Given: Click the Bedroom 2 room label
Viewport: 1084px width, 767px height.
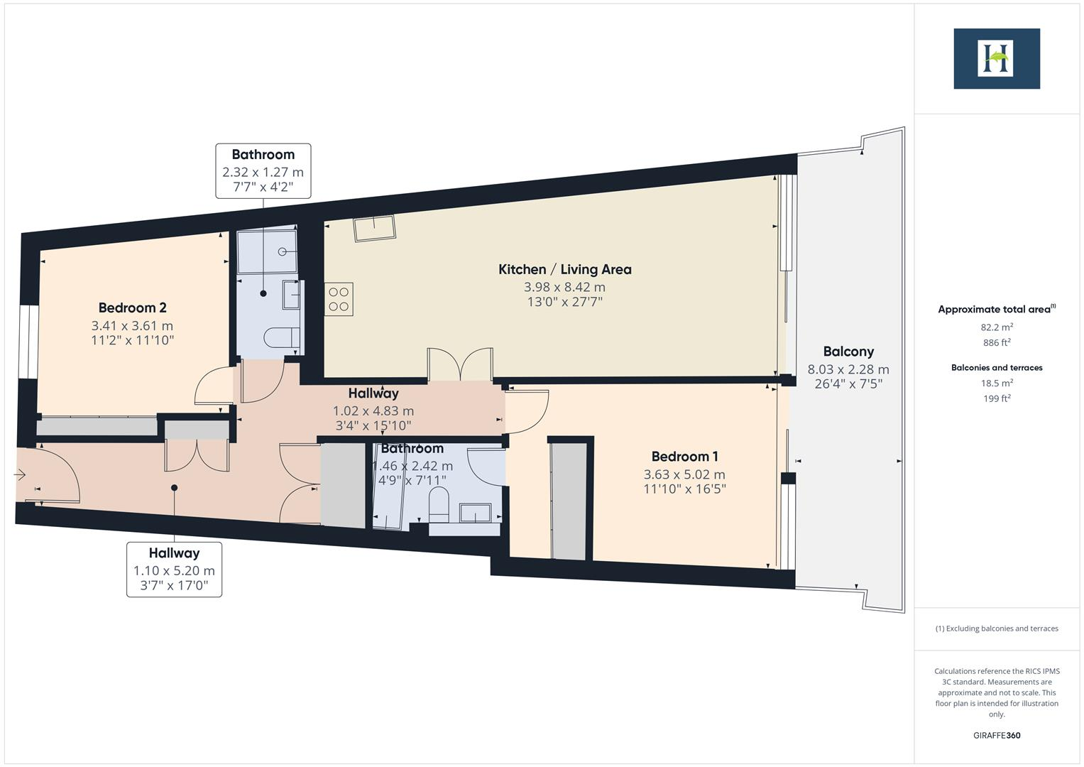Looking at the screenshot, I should click(x=132, y=308).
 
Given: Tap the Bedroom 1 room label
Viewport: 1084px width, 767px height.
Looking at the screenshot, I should click(x=684, y=456).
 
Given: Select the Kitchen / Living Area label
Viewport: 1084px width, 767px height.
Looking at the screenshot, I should click(x=564, y=269).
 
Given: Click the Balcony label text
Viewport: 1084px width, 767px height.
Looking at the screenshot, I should click(x=848, y=351).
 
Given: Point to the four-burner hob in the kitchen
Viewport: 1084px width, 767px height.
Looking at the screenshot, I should click(x=339, y=299).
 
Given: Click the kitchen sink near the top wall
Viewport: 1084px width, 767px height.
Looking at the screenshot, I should click(x=375, y=228).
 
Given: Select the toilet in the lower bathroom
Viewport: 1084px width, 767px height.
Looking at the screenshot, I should click(x=439, y=504).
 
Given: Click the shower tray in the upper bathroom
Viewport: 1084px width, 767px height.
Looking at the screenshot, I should click(x=267, y=251).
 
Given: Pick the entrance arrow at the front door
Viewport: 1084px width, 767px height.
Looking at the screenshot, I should click(x=20, y=474).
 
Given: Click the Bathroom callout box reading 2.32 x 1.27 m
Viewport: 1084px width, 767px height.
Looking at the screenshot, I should click(x=263, y=171).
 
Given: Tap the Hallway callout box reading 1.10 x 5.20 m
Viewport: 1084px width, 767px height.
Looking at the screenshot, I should click(x=174, y=570).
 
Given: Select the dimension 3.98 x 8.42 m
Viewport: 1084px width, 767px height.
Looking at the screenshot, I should click(x=564, y=287).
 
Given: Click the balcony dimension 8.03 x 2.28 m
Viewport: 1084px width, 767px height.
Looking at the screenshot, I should click(x=848, y=369).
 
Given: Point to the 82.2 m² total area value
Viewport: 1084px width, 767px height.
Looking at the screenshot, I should click(x=997, y=327).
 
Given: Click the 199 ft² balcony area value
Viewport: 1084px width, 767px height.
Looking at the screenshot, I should click(x=997, y=398).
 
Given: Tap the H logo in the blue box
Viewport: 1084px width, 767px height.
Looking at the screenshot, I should click(x=996, y=58).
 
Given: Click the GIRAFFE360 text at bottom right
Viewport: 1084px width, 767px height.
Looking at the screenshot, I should click(x=997, y=735).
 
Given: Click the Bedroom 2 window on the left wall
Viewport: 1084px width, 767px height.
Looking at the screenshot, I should click(x=28, y=342).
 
